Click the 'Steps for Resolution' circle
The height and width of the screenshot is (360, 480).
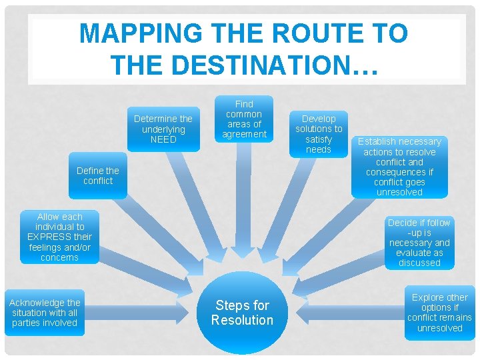point(242,313)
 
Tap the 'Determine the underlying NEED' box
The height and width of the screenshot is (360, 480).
point(163,129)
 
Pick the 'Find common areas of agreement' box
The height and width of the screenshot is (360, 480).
point(244,119)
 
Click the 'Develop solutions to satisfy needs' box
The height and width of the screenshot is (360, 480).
point(319,134)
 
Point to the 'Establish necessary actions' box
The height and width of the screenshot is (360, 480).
point(399,167)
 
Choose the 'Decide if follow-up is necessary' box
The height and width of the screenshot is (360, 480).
point(419,243)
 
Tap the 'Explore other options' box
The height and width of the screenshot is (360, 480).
point(439,313)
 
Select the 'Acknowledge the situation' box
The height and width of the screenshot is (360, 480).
point(45,313)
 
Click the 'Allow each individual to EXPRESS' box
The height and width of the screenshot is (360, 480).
point(59,237)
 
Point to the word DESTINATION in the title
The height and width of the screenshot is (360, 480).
point(255,65)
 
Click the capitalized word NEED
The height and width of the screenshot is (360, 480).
point(163,139)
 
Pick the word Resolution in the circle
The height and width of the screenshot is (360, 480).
point(242,320)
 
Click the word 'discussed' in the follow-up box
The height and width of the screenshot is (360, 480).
point(419,263)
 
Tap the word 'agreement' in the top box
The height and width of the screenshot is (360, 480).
point(244,134)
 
